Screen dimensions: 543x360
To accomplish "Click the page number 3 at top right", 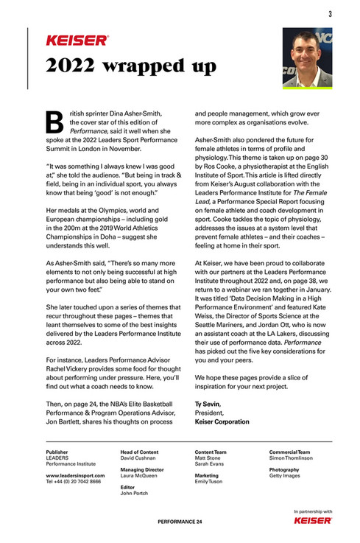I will click(329, 13).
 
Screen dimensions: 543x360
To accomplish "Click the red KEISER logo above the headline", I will click(77, 41).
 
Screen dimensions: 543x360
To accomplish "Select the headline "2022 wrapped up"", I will click(130, 66).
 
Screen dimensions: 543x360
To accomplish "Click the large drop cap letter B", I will click(55, 121).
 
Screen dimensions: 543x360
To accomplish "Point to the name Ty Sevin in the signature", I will click(208, 404).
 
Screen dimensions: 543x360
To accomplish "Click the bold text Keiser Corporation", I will click(222, 422).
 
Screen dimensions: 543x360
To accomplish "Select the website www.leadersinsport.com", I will click(74, 474).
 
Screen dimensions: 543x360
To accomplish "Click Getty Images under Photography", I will click(285, 475).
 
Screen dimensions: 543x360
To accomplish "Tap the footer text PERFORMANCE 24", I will click(180, 522).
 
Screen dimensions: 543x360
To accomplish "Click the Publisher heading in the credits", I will click(57, 452).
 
